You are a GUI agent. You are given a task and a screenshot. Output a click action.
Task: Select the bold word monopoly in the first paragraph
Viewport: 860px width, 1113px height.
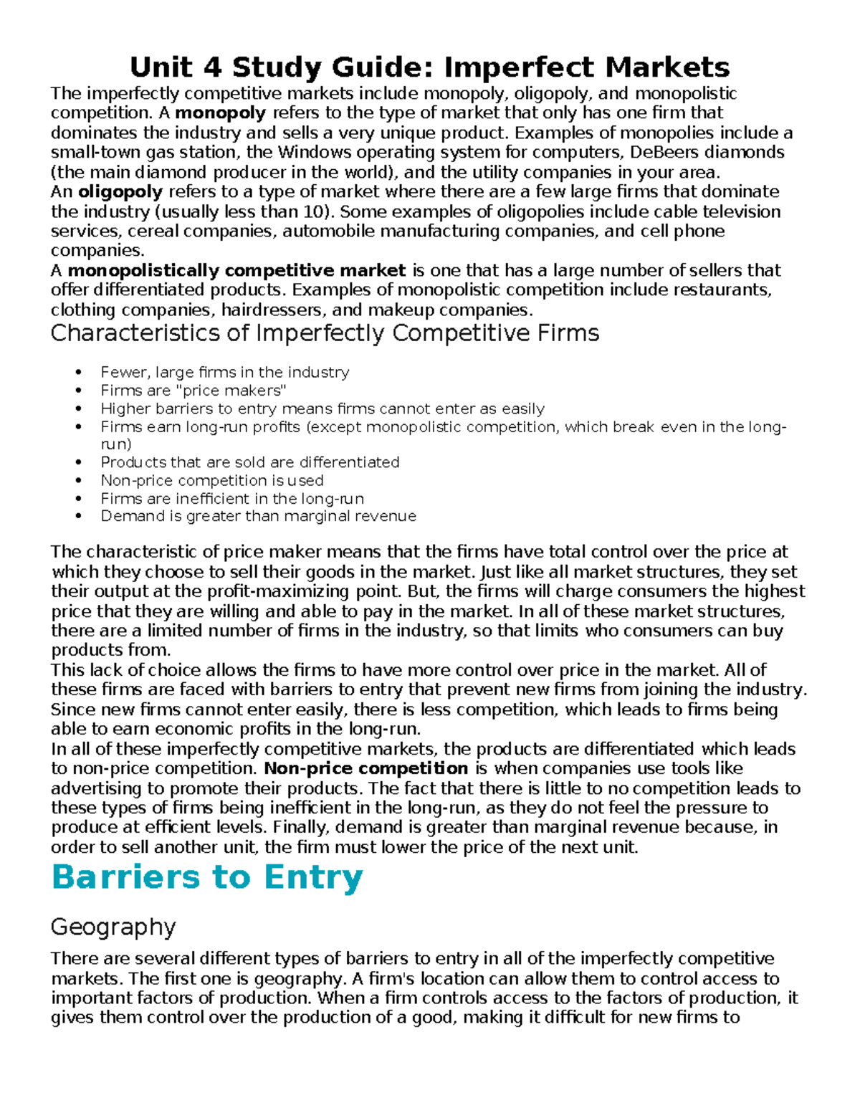coord(221,113)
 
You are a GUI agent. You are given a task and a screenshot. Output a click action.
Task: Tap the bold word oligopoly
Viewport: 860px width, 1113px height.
coord(120,192)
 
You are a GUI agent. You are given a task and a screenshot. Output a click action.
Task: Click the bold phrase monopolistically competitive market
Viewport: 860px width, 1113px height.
coord(236,271)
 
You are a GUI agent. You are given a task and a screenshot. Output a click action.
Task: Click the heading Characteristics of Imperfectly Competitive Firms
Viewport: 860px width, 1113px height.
coord(325,333)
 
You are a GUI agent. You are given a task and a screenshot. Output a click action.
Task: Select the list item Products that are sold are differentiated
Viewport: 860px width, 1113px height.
coord(249,462)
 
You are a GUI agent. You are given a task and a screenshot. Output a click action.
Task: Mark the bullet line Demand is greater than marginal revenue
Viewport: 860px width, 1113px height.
coord(258,516)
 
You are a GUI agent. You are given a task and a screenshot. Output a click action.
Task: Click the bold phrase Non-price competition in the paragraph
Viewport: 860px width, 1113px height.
coord(365,769)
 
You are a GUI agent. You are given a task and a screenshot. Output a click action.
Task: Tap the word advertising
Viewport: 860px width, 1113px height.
coord(97,789)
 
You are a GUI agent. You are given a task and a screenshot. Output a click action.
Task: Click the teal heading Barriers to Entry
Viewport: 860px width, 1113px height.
coord(207,878)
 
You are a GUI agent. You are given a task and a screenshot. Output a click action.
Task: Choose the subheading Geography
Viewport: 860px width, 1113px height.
coord(113,927)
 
